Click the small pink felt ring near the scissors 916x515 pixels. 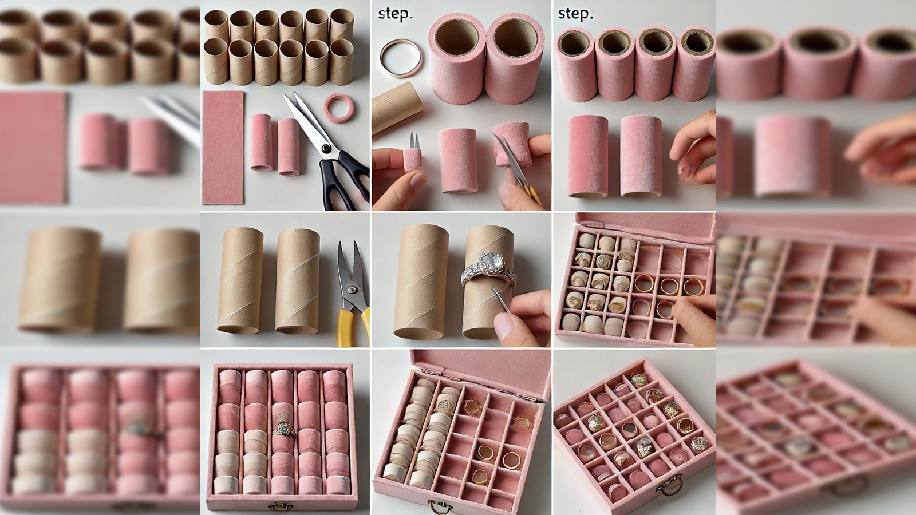pos(339,108)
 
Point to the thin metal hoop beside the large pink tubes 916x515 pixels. pos(400,58)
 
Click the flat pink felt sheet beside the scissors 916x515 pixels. pos(223,148)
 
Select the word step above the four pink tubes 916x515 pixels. pos(575,14)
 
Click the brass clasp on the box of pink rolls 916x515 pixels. pos(281,506)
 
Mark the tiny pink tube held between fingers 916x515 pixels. pos(412,160)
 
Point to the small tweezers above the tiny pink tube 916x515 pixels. pos(414,140)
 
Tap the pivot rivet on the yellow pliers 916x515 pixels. pos(352,290)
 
